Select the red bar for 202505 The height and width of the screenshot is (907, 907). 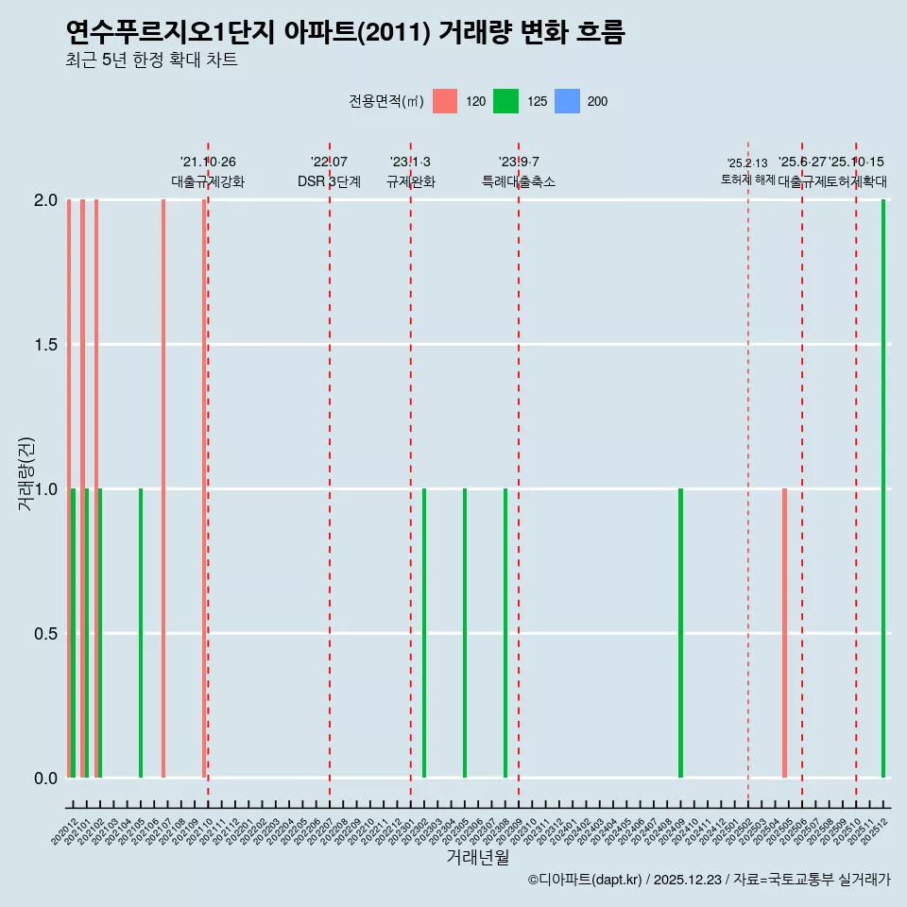tap(784, 633)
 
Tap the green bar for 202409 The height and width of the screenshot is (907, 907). tap(680, 633)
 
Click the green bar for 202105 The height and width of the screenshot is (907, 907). tap(141, 633)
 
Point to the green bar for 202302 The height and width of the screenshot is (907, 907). tap(424, 633)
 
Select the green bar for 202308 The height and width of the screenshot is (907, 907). tap(505, 633)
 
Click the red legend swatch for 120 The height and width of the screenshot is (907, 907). tap(445, 101)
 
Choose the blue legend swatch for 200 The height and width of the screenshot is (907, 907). tap(566, 101)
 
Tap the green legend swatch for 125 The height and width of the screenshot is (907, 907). tap(505, 101)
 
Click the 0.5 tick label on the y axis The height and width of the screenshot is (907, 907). tap(45, 634)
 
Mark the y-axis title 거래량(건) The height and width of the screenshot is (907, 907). tap(26, 474)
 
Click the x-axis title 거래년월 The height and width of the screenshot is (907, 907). tap(477, 857)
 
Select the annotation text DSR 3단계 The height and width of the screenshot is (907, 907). tap(329, 181)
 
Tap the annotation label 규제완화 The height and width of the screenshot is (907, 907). tap(410, 181)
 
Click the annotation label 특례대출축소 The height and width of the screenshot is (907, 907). tap(519, 181)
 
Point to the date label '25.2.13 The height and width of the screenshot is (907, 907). tap(747, 163)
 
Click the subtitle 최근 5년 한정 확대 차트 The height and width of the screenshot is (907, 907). tap(151, 60)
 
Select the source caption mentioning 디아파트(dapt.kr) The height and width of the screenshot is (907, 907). tap(709, 880)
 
